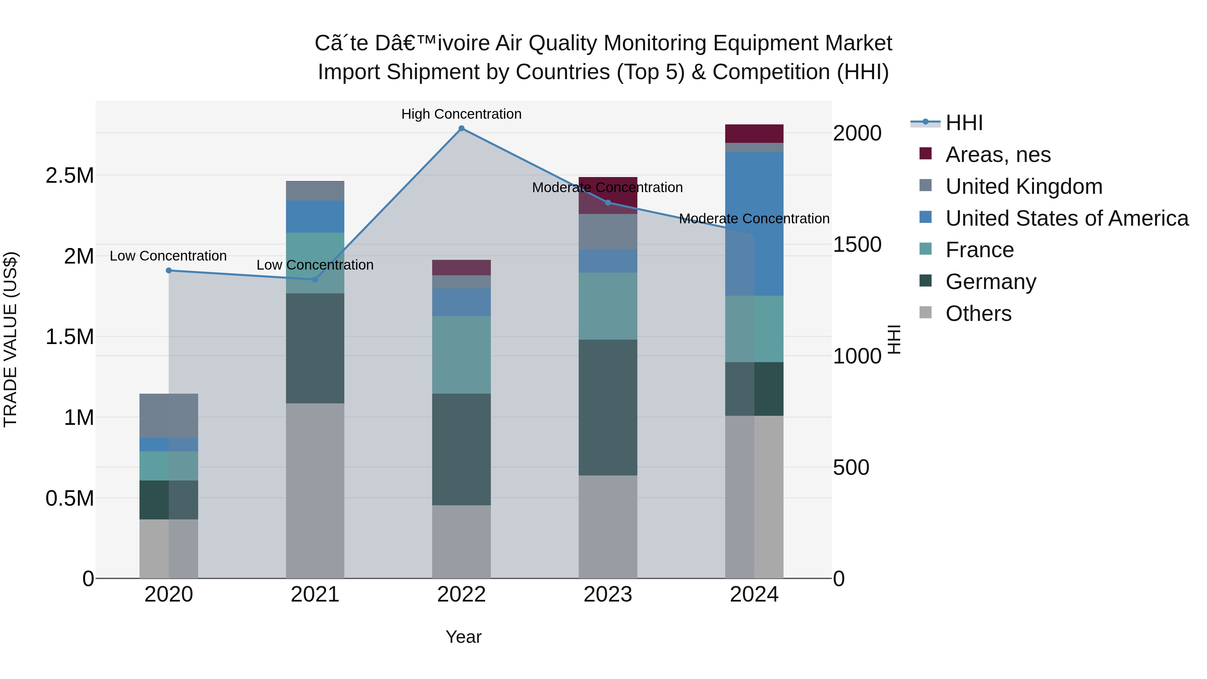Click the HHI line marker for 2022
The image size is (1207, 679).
(462, 128)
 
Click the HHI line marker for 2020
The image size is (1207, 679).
(169, 270)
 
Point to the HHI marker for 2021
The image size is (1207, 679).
(315, 279)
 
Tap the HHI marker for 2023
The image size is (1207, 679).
(608, 203)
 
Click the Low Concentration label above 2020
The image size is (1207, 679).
(168, 256)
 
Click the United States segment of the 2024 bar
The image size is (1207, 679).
(754, 224)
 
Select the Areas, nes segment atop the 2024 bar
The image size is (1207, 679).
(754, 133)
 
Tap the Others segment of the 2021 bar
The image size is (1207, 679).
(315, 490)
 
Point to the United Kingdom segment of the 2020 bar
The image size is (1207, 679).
(169, 416)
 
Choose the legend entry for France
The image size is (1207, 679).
(979, 250)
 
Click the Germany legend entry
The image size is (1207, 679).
(990, 282)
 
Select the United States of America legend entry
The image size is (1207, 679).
(1067, 218)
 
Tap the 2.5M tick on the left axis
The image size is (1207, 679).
(70, 176)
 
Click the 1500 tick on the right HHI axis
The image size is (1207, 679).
(857, 245)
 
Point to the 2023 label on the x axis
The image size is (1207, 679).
(608, 595)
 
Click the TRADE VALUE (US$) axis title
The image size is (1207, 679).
(10, 339)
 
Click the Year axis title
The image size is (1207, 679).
(463, 637)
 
